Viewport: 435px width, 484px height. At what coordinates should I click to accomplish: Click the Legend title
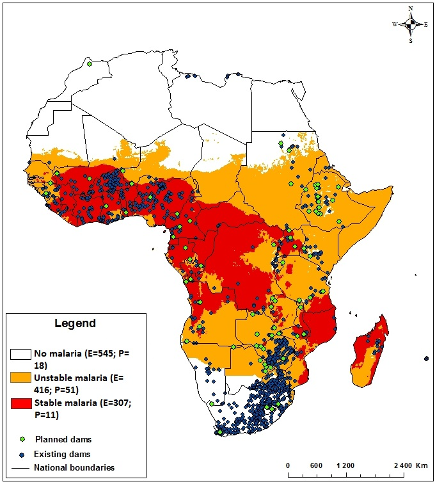point(74,323)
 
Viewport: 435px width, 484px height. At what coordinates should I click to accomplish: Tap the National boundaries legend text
point(77,468)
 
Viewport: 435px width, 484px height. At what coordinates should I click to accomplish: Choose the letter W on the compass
point(395,24)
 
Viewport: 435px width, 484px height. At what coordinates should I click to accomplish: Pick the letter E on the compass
point(426,24)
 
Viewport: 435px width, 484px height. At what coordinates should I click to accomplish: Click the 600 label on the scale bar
point(315,465)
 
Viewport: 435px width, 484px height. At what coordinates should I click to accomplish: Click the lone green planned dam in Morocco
point(90,64)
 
